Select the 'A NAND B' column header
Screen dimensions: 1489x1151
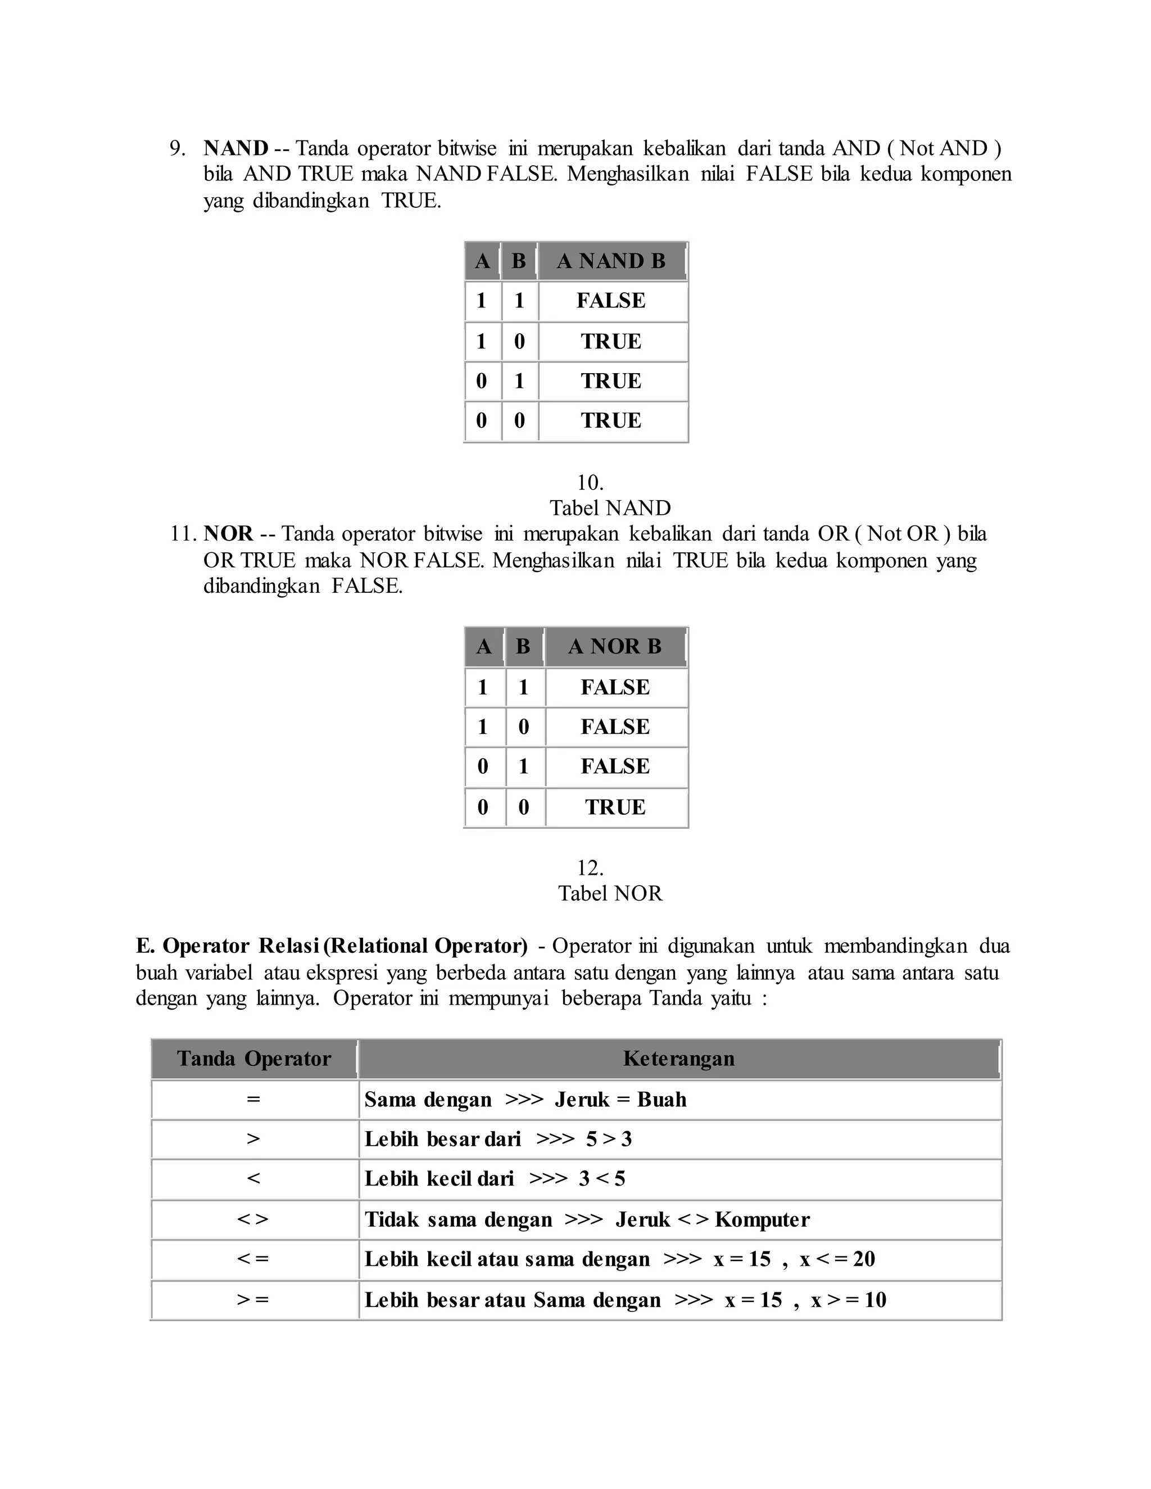(611, 261)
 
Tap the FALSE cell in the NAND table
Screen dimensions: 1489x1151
(611, 301)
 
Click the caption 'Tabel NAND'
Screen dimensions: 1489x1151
(610, 508)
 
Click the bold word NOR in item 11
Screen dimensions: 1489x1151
(228, 533)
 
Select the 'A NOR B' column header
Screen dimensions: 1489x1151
(615, 646)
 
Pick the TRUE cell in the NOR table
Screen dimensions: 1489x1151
(615, 807)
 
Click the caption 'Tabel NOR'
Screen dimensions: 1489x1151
(610, 893)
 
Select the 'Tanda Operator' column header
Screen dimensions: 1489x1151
(253, 1059)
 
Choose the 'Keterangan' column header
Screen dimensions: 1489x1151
(678, 1059)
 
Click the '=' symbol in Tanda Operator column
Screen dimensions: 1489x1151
(253, 1099)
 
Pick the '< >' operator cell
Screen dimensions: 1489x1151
(253, 1220)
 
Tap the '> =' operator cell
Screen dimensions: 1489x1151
(253, 1300)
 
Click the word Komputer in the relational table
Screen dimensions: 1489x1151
(762, 1220)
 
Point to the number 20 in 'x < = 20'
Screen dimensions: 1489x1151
(863, 1259)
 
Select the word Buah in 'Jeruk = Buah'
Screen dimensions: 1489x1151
(661, 1100)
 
